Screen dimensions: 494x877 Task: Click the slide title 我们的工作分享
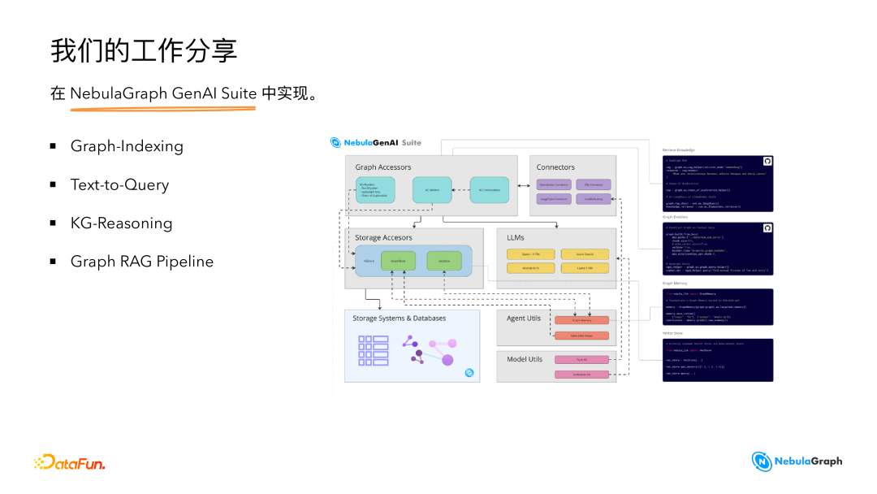144,50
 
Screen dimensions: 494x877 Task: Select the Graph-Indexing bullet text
127,146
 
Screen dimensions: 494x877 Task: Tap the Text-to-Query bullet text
119,184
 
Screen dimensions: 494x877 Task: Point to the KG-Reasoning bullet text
121,223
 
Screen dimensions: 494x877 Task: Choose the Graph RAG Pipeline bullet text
141,261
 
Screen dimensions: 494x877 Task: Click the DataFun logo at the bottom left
70,462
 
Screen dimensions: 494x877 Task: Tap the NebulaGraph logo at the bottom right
797,461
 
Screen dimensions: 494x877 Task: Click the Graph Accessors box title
382,167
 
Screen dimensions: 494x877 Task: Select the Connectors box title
555,167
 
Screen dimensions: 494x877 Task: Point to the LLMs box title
516,237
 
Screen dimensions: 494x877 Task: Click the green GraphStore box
397,261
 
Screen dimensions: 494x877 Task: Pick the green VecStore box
444,261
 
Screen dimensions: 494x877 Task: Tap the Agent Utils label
524,318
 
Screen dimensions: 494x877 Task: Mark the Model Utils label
525,358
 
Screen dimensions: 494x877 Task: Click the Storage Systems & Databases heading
399,318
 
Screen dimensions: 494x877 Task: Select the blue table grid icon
374,349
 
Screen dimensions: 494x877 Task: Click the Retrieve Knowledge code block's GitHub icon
767,162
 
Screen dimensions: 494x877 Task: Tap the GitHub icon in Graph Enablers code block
767,228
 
